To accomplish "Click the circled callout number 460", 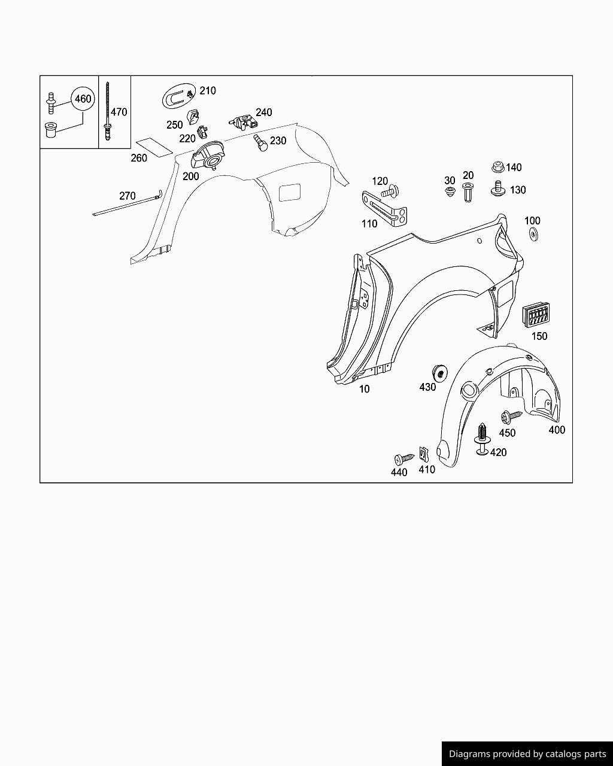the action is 83,99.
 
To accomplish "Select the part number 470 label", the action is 119,112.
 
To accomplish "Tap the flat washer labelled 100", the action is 534,234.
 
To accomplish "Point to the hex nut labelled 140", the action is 498,168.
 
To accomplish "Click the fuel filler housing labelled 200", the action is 208,155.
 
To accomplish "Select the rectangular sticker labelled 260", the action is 154,147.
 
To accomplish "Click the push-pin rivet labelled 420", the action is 482,439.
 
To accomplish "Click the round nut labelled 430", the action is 440,373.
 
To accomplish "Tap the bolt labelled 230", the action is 261,143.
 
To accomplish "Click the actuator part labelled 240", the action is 244,121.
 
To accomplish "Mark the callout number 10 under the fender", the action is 364,389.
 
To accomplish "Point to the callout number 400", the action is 557,430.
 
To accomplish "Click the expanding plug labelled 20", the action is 468,192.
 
